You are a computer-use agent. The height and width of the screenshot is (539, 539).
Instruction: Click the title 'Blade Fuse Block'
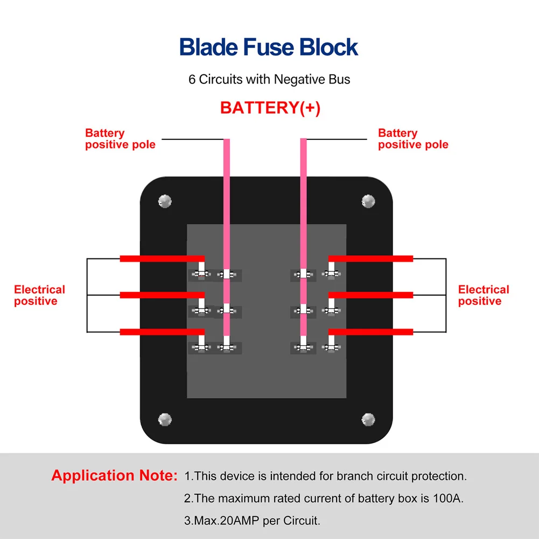pos(269,47)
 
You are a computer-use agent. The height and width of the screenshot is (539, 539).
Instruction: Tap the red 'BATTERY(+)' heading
pos(270,108)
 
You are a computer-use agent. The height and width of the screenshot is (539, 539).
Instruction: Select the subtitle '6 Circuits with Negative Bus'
pos(269,79)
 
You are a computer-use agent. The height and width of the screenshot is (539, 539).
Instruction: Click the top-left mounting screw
pos(165,201)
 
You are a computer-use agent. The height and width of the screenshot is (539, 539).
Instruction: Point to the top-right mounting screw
pos(368,201)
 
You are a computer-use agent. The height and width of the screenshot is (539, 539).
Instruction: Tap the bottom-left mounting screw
pos(165,419)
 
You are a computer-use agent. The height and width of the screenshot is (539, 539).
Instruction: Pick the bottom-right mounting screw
pos(368,419)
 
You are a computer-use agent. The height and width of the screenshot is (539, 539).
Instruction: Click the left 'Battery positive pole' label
pos(120,139)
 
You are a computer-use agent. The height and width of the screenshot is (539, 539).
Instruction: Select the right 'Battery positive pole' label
pos(413,139)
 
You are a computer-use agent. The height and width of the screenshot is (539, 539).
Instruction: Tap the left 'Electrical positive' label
pos(39,295)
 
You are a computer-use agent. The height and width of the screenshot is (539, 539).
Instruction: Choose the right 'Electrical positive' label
pos(484,295)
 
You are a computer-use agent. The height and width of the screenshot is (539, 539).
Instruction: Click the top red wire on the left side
pos(162,258)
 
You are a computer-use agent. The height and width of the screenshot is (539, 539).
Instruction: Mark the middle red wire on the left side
pos(162,295)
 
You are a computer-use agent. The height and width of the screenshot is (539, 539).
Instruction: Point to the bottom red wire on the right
pos(370,332)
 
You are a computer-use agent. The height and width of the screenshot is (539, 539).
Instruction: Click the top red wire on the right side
pos(370,258)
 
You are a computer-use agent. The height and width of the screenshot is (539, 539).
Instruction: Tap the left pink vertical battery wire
pos(227,237)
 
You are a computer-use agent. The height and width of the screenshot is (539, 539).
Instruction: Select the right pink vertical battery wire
pos(303,237)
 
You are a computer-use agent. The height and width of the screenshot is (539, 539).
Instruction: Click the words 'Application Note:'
pos(115,476)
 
